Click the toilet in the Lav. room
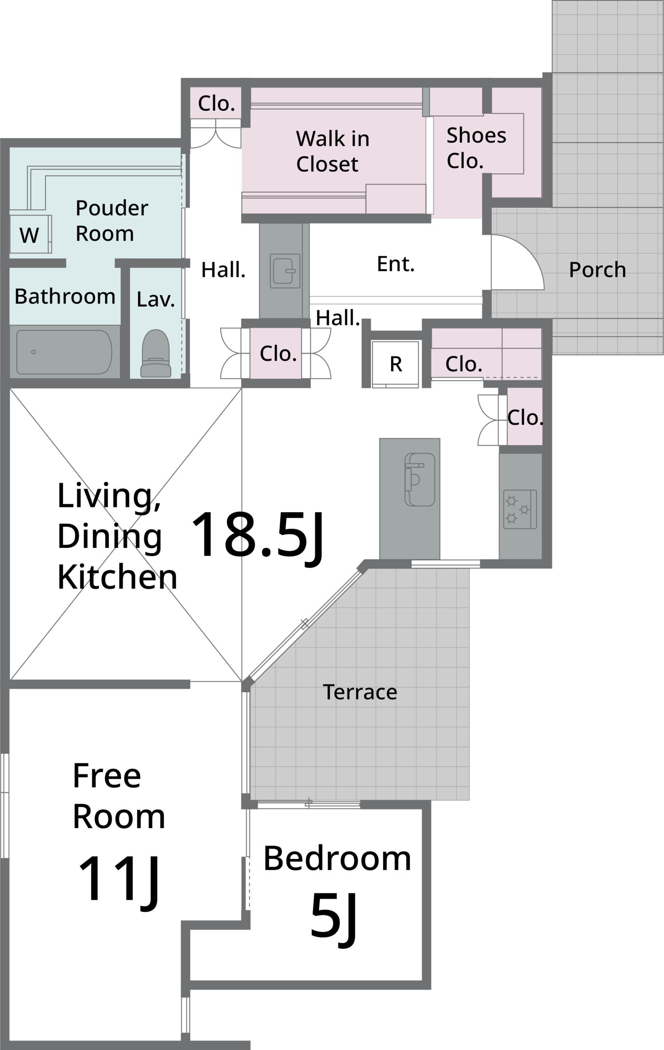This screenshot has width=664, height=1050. click(x=155, y=353)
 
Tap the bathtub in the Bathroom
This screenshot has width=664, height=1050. click(x=64, y=352)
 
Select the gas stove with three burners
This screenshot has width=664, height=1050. click(x=520, y=509)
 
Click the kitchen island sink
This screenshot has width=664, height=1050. click(x=420, y=479)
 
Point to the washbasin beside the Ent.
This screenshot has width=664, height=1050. click(x=285, y=271)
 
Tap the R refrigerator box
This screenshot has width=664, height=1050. click(x=395, y=364)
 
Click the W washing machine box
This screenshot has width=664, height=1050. click(x=30, y=234)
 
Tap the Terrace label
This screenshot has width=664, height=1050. click(x=360, y=692)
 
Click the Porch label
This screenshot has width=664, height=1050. click(x=597, y=269)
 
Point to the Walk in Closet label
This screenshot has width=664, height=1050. click(x=333, y=151)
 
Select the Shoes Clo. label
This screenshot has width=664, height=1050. click(x=476, y=148)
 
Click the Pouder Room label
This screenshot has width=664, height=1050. click(x=112, y=220)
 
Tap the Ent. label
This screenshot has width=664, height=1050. click(x=395, y=264)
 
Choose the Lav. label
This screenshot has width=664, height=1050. click(x=155, y=299)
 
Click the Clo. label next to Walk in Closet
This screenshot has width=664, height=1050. click(x=216, y=103)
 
